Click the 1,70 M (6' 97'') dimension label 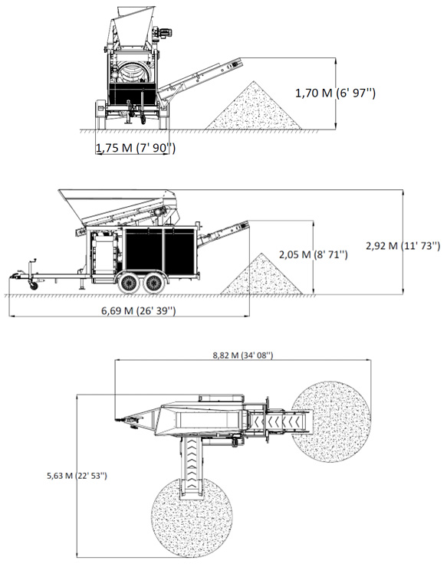pyautogui.click(x=335, y=93)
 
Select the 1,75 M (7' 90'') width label pyautogui.click(x=136, y=148)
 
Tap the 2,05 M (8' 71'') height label pyautogui.click(x=313, y=254)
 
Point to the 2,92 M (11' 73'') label pyautogui.click(x=403, y=246)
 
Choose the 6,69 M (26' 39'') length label pyautogui.click(x=138, y=310)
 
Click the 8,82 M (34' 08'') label pyautogui.click(x=242, y=356)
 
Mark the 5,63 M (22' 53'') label pyautogui.click(x=77, y=476)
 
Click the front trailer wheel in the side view pyautogui.click(x=128, y=283)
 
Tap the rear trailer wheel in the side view pyautogui.click(x=153, y=283)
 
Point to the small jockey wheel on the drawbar pyautogui.click(x=34, y=286)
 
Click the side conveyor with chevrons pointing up pyautogui.click(x=192, y=467)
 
